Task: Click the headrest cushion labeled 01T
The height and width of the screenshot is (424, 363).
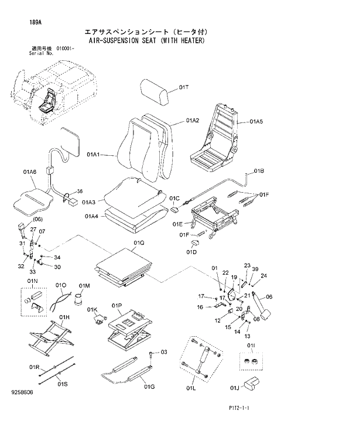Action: [157, 90]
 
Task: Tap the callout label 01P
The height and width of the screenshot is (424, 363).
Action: [117, 306]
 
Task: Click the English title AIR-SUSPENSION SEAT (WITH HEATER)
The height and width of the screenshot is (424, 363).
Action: [146, 41]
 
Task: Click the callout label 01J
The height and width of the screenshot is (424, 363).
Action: [235, 387]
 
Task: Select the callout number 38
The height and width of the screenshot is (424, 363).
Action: [80, 191]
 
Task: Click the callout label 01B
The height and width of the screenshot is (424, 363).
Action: [259, 172]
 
